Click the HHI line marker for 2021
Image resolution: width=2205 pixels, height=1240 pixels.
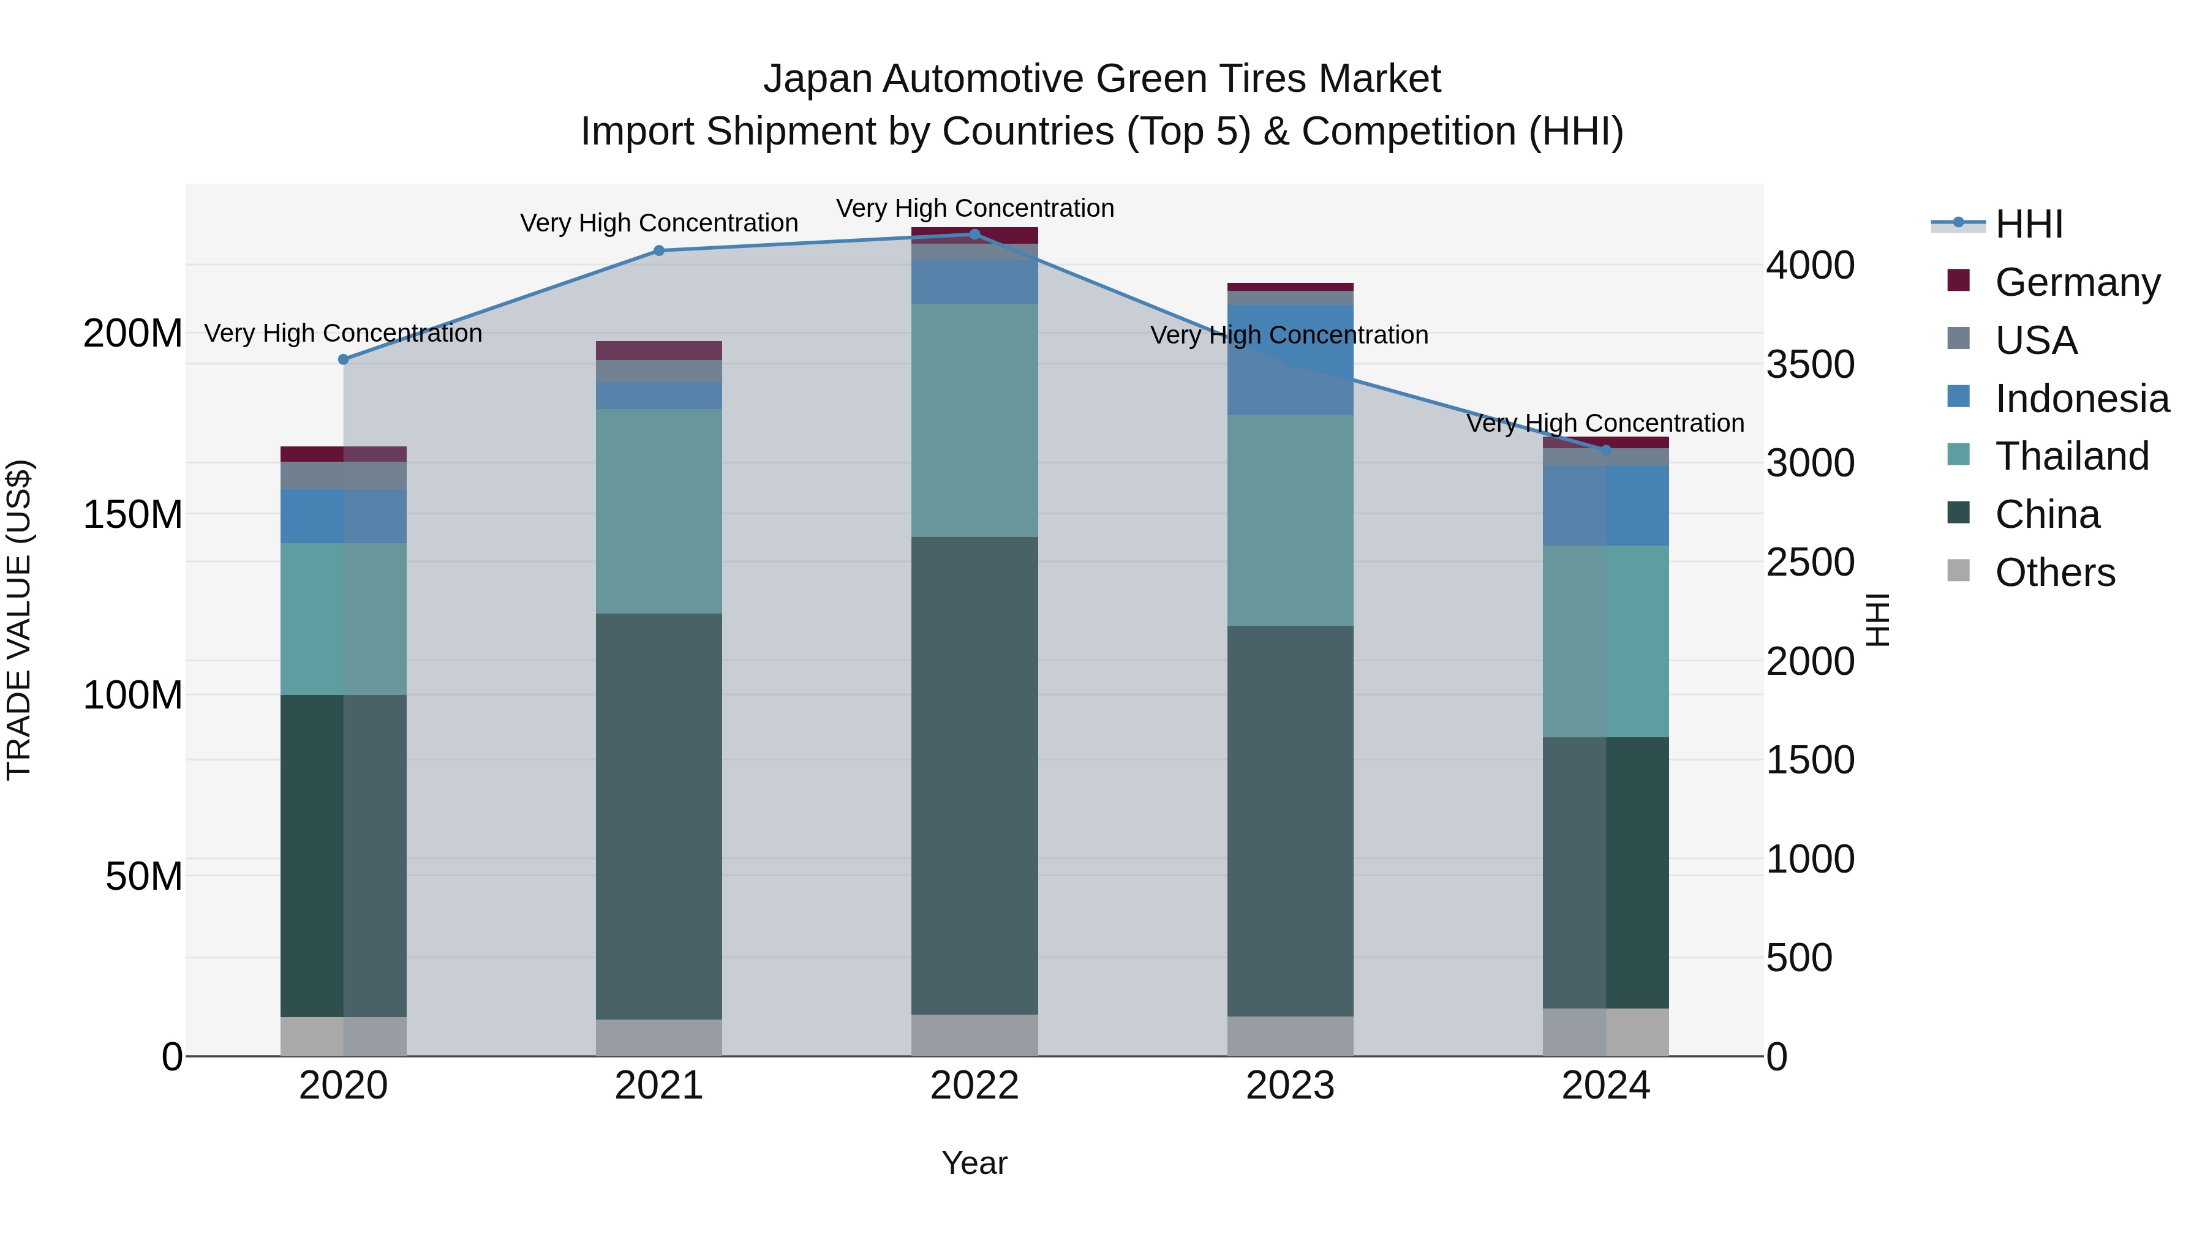658,250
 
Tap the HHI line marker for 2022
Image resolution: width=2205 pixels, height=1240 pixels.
974,234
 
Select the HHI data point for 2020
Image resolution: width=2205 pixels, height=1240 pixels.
343,359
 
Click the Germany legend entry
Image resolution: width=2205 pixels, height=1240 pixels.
2076,282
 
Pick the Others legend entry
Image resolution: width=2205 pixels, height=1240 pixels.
2054,573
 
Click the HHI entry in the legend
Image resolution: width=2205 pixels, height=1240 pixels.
2029,224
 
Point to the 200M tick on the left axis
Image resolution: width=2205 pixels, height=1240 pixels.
133,333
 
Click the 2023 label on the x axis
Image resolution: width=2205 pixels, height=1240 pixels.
1290,1086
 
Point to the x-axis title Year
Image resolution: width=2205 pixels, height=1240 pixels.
974,1163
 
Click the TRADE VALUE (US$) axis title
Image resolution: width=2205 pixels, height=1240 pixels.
19,620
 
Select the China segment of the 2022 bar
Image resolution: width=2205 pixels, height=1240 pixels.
974,775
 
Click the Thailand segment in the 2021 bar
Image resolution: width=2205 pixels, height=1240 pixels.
658,511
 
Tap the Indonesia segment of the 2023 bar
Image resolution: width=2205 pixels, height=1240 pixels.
1290,359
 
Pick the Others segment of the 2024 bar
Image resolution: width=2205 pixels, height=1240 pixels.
1605,1032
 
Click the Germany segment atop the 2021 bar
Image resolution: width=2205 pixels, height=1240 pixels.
658,350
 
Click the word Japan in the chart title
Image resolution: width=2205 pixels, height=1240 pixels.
818,79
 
